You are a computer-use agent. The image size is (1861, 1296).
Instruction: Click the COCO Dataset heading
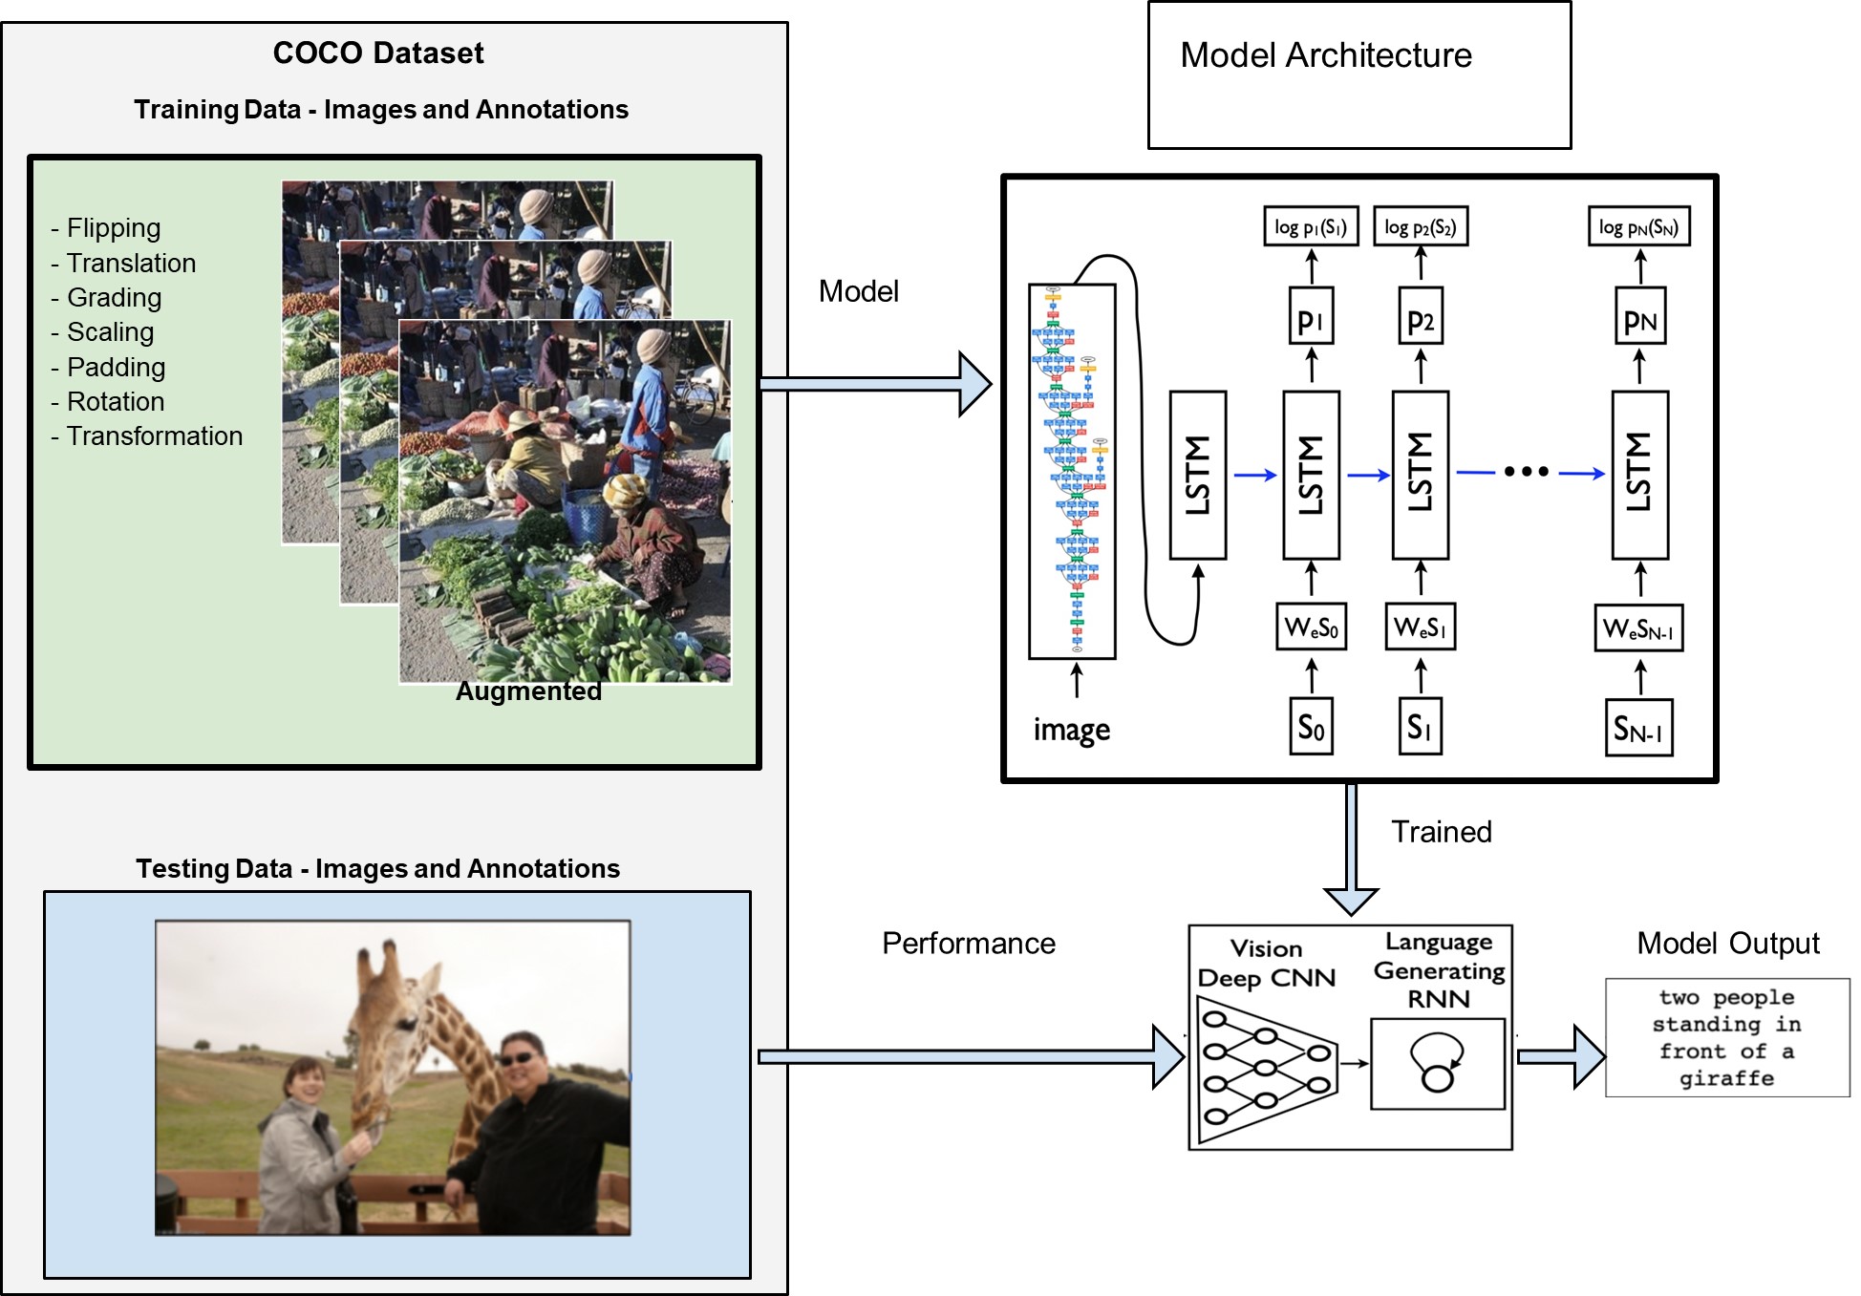pyautogui.click(x=378, y=53)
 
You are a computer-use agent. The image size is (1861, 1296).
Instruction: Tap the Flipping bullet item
pyautogui.click(x=106, y=228)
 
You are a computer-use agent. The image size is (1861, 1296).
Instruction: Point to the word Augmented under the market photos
pyautogui.click(x=528, y=690)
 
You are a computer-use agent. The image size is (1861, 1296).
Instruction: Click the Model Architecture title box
pyautogui.click(x=1358, y=74)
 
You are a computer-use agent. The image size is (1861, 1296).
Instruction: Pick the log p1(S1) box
pyautogui.click(x=1311, y=227)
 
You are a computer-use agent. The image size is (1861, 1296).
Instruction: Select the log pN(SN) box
pyautogui.click(x=1638, y=227)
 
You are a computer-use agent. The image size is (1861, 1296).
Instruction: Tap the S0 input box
pyautogui.click(x=1311, y=728)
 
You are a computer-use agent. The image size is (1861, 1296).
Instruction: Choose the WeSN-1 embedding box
pyautogui.click(x=1637, y=628)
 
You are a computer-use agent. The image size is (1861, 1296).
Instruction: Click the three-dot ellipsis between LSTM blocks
pyautogui.click(x=1526, y=471)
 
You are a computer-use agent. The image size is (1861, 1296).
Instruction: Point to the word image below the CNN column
pyautogui.click(x=1071, y=730)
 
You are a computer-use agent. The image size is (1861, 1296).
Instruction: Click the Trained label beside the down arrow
pyautogui.click(x=1441, y=832)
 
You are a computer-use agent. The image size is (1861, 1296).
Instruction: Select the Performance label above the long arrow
pyautogui.click(x=968, y=944)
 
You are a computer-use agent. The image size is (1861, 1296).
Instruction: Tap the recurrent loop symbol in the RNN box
pyautogui.click(x=1437, y=1062)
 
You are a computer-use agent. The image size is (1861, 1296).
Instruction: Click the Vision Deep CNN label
pyautogui.click(x=1266, y=963)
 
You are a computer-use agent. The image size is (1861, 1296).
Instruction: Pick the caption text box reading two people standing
pyautogui.click(x=1726, y=1037)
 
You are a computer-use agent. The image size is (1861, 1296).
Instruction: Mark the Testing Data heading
pyautogui.click(x=377, y=868)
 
